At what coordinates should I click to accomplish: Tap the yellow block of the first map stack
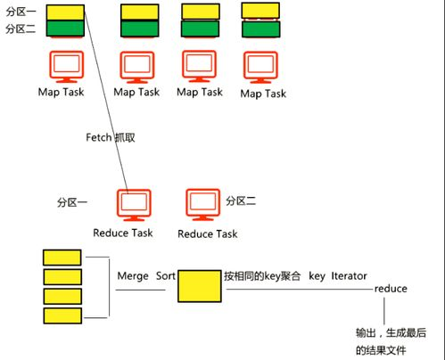(x=64, y=12)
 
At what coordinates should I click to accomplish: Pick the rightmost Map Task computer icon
(x=261, y=66)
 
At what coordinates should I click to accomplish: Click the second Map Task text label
(x=137, y=92)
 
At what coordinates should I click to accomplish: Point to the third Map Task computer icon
(x=200, y=66)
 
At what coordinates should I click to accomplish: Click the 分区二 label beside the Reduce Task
(x=241, y=200)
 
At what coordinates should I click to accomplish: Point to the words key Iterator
(x=338, y=275)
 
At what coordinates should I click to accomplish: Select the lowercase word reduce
(x=391, y=290)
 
